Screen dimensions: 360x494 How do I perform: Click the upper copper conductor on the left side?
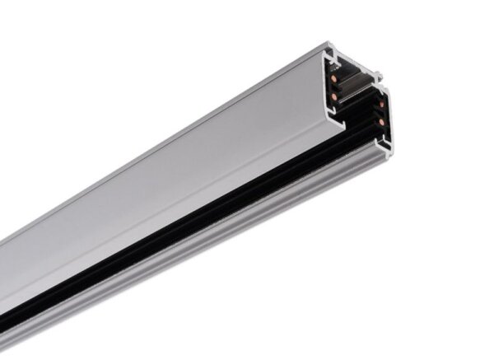tap(334, 77)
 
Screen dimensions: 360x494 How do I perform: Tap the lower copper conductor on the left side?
tap(334, 96)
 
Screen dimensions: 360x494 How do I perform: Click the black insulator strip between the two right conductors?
tap(381, 113)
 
